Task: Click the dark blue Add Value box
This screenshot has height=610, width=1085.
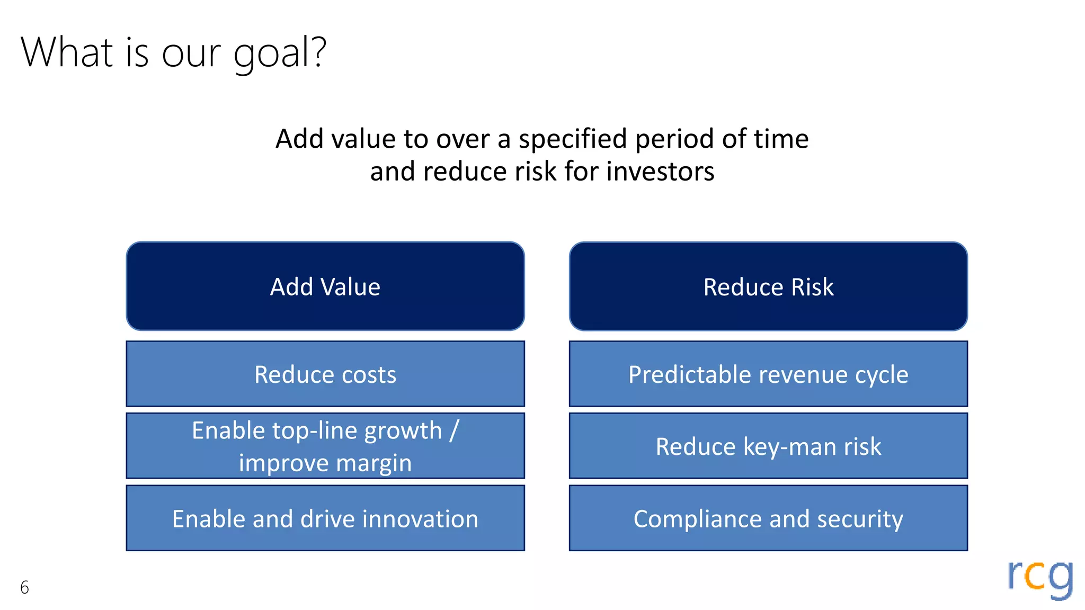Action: tap(325, 286)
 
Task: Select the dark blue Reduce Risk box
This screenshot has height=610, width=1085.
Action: tap(768, 286)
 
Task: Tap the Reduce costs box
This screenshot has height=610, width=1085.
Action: tap(325, 374)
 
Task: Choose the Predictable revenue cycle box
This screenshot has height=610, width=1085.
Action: tap(768, 374)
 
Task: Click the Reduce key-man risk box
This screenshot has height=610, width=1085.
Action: tap(768, 446)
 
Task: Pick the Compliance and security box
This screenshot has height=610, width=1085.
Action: tap(768, 518)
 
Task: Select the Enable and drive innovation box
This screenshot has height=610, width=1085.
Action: tap(325, 518)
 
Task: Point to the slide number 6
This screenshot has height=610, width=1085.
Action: tap(24, 587)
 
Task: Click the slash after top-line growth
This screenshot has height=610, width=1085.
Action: tap(453, 430)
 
